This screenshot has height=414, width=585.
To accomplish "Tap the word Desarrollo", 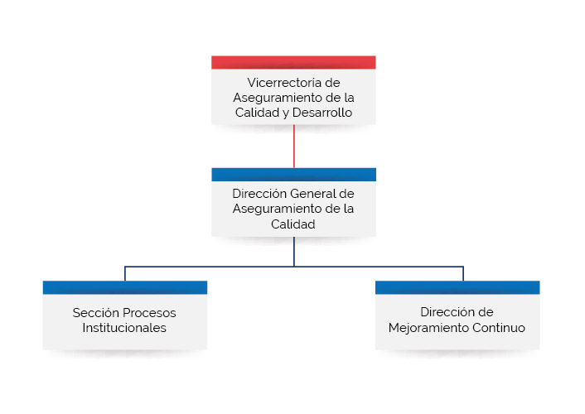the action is [322, 113].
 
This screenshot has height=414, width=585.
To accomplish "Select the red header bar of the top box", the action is [293, 62].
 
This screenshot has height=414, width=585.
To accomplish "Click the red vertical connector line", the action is [294, 147].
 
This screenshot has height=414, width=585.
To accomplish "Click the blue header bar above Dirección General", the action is [293, 175].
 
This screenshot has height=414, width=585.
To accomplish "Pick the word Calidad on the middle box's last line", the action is [292, 224].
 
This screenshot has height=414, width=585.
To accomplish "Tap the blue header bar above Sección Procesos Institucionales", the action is [125, 287].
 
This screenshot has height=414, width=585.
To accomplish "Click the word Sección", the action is [96, 312].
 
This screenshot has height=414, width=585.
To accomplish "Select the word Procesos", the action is [150, 312].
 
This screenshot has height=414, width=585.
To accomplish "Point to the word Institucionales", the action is [124, 328].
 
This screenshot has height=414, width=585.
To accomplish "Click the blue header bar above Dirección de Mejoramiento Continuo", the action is [457, 287].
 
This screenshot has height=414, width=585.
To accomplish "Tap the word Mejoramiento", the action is [428, 328].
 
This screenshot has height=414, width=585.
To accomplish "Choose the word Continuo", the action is [499, 328].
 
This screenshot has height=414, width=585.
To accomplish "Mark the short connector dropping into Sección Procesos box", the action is [124, 274].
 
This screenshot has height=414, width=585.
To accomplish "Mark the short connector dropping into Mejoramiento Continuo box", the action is [463, 274].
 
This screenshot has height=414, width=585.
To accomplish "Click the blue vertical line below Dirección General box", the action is [294, 252].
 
